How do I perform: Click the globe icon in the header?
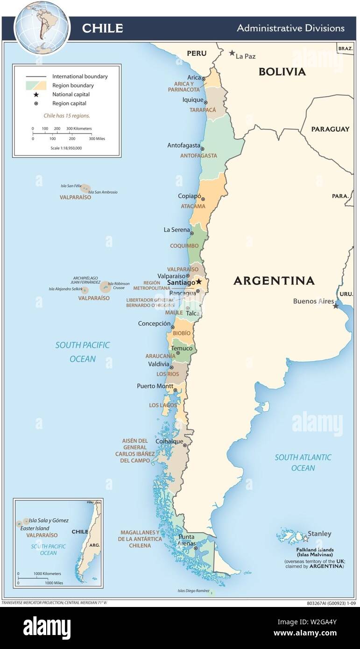point(42,28)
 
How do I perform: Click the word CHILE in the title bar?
point(102,28)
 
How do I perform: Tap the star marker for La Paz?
point(232,53)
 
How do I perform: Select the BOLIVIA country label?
point(282,71)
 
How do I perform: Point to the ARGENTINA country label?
point(274,281)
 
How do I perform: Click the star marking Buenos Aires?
point(336,306)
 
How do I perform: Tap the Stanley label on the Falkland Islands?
point(320,534)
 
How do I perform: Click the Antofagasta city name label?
point(184,145)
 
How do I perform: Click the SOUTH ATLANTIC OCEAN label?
point(303,462)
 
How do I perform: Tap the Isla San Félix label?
point(70,185)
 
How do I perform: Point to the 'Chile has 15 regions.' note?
point(67,115)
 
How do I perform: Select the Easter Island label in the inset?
point(34,528)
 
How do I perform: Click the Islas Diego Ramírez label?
point(193,591)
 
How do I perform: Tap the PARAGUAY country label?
point(330,129)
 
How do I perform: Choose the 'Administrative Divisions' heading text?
point(290,28)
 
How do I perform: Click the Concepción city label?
point(154,324)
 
